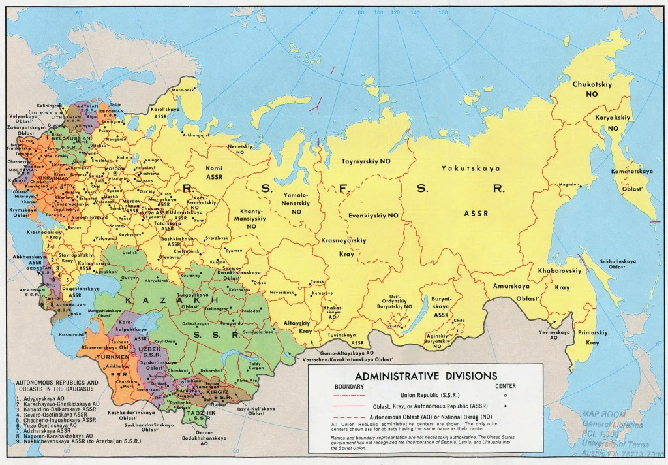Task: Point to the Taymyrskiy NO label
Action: [x=367, y=161]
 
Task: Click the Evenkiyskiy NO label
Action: [x=375, y=215]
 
